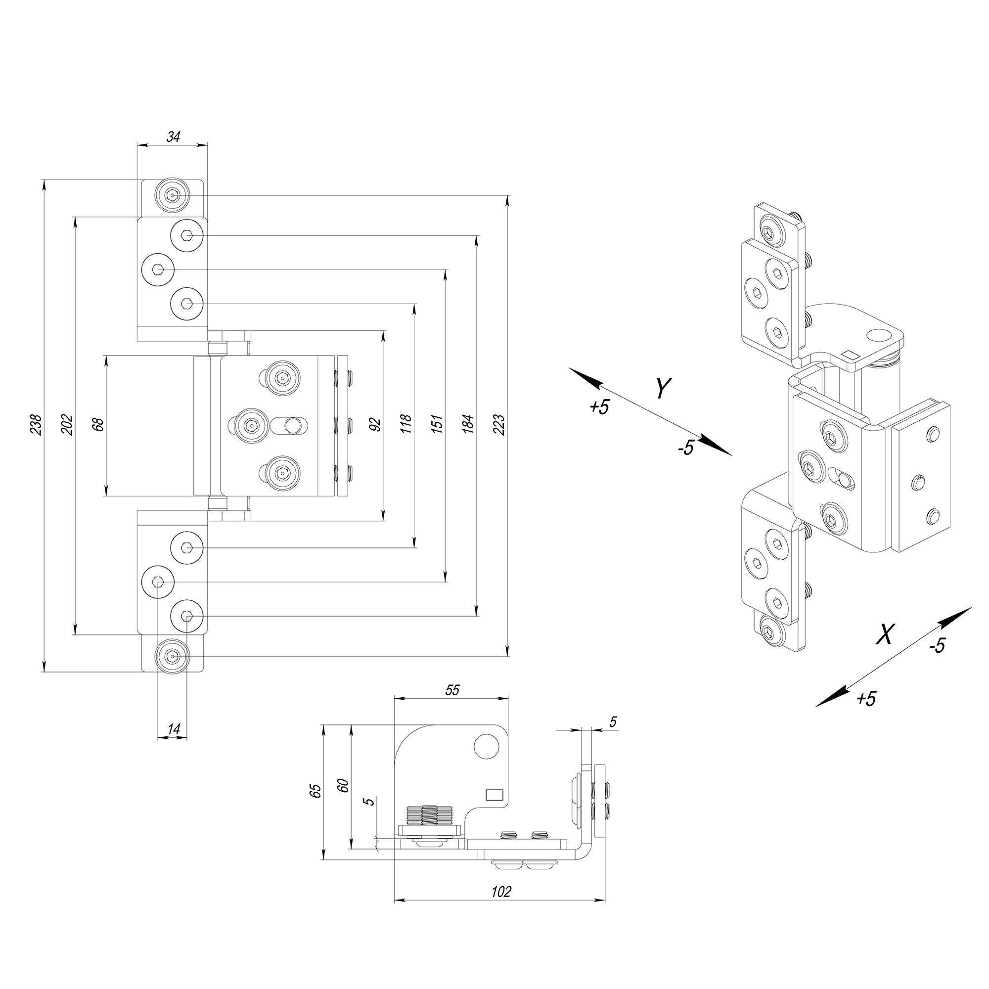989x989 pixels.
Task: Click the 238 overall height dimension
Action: click(x=36, y=424)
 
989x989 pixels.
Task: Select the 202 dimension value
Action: click(x=67, y=424)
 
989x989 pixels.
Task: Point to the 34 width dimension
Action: click(x=173, y=136)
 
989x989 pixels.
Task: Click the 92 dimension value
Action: click(x=375, y=424)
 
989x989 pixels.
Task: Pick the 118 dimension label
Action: click(x=406, y=424)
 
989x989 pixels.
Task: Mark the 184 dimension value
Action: click(x=468, y=424)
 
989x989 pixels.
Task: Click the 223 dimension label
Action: click(x=499, y=424)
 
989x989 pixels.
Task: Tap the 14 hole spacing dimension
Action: click(x=174, y=729)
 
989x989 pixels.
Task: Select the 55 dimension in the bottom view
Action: click(x=452, y=690)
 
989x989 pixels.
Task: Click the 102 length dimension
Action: click(x=500, y=892)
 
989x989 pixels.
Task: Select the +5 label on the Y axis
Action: click(x=599, y=407)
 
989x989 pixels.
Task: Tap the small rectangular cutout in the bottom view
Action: click(x=494, y=795)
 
